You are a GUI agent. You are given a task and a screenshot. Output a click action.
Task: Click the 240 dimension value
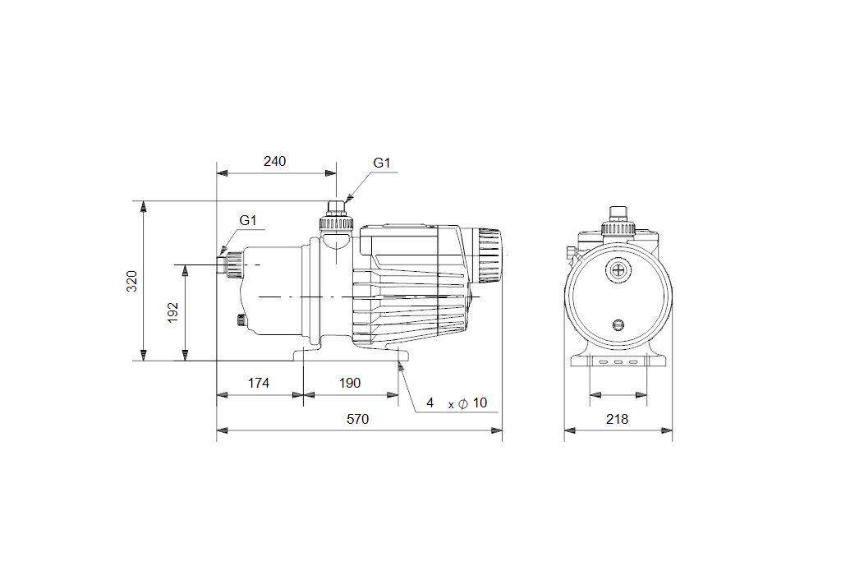point(274,161)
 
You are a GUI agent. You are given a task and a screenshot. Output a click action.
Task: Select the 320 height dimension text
point(132,281)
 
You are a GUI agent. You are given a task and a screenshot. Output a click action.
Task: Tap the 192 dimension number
point(172,313)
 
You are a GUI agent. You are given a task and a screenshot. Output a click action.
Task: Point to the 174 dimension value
point(259,383)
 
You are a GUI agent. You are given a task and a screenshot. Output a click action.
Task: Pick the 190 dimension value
point(350,383)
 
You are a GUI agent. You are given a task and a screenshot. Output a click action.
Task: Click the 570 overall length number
point(358,419)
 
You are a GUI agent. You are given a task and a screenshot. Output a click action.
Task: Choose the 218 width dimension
point(618,419)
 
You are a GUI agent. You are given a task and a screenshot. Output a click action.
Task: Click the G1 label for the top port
point(382,163)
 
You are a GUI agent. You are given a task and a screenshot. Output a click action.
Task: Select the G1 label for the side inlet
point(248,220)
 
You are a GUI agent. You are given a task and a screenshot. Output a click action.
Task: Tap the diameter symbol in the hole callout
point(463,403)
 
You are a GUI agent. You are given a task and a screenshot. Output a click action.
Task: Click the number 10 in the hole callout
point(480,402)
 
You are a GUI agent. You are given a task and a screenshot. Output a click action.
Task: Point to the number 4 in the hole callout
point(430,402)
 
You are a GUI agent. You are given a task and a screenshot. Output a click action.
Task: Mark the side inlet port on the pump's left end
point(229,265)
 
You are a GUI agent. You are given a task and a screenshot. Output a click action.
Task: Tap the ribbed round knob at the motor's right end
point(489,255)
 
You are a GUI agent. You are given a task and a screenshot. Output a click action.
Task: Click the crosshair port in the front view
point(618,269)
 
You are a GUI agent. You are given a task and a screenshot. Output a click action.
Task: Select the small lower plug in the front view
point(618,324)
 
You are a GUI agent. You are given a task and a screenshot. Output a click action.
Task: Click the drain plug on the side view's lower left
point(241,320)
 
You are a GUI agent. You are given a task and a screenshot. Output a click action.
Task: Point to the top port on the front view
point(618,221)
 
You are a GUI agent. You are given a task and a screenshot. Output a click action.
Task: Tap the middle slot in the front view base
point(618,362)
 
